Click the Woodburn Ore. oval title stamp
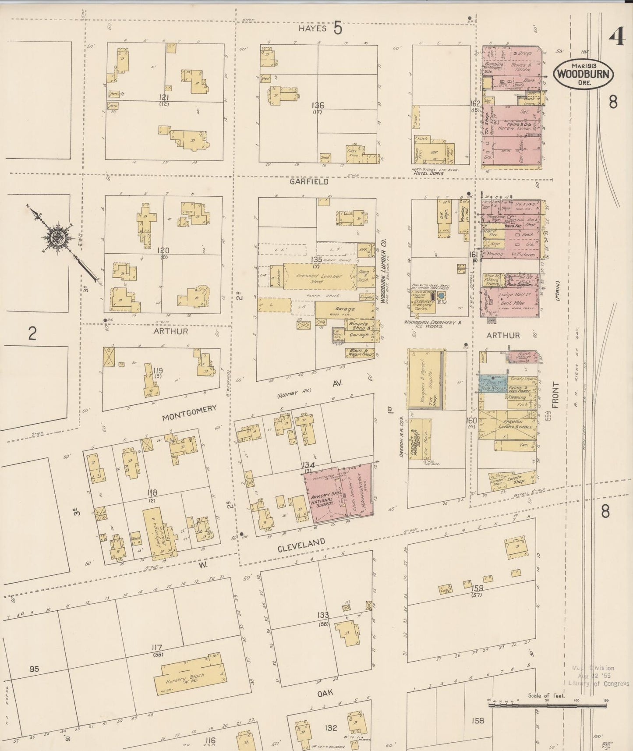pos(583,73)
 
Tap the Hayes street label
pos(313,28)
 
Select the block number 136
pos(318,105)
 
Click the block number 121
pos(164,97)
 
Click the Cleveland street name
pos(301,546)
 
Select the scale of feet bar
pos(548,705)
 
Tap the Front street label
pos(555,395)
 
